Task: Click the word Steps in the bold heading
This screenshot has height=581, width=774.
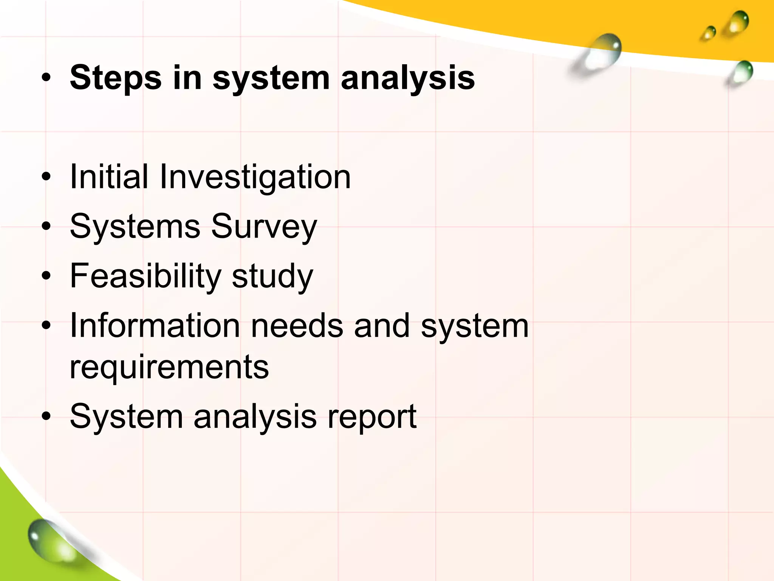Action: (x=116, y=78)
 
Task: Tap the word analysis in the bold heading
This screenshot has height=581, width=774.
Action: (x=407, y=78)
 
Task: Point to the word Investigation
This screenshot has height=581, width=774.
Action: (x=255, y=177)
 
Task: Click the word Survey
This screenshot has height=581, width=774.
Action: (x=264, y=227)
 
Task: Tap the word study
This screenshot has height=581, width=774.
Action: (x=272, y=276)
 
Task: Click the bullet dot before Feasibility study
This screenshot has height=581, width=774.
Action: (x=46, y=276)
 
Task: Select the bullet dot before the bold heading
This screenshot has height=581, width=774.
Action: (x=46, y=78)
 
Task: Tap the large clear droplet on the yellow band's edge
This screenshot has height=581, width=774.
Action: (x=601, y=53)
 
